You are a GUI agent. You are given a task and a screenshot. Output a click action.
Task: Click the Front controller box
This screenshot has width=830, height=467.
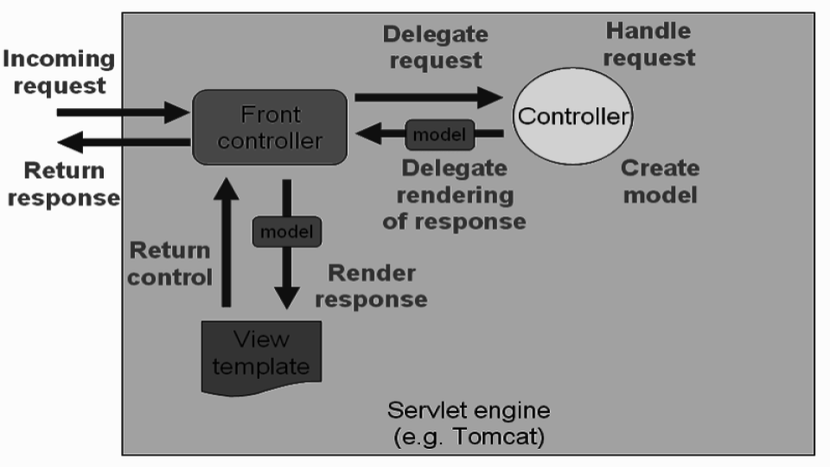coord(269,127)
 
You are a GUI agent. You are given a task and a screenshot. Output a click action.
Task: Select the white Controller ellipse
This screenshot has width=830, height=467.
coord(573,116)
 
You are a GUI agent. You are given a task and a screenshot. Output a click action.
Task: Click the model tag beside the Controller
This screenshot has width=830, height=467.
coord(440,134)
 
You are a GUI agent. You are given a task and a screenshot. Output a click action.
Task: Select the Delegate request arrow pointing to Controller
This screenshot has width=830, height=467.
coord(428,97)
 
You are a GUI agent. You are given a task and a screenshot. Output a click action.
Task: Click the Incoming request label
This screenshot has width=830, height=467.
coord(59,73)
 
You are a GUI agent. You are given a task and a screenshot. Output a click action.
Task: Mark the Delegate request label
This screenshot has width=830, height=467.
coord(435,48)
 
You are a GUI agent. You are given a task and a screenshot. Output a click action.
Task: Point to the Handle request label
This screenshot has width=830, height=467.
coord(648,44)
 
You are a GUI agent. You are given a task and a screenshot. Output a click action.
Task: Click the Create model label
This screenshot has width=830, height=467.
coord(661,181)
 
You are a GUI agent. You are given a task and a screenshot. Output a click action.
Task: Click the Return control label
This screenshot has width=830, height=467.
coord(169,264)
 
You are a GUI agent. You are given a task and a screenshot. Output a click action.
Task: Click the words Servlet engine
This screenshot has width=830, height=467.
coord(468,410)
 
